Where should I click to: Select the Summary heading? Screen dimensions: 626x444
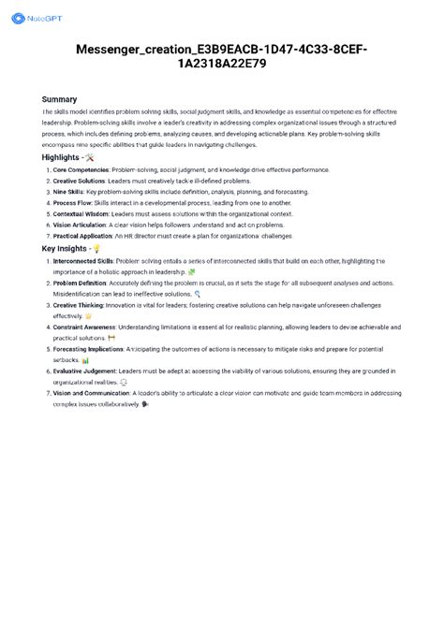[59, 99]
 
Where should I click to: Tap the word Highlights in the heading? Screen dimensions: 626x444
[61, 157]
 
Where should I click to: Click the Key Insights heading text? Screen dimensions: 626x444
[67, 249]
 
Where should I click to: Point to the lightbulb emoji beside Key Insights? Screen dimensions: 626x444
[97, 249]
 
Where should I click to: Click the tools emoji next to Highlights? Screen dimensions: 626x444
[89, 157]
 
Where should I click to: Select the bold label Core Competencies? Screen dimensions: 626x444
[81, 170]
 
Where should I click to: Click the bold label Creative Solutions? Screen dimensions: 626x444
[78, 181]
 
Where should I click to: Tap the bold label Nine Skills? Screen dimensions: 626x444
[67, 192]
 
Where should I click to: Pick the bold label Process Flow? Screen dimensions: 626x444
[71, 203]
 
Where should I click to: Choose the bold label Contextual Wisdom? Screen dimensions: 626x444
[81, 214]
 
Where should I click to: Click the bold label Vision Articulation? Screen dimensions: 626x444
[80, 226]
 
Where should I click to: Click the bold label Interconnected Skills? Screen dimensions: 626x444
[82, 261]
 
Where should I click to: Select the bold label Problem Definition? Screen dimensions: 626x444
[80, 284]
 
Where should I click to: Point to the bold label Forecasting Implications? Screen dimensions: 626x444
[87, 350]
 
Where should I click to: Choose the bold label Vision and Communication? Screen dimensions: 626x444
[91, 394]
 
